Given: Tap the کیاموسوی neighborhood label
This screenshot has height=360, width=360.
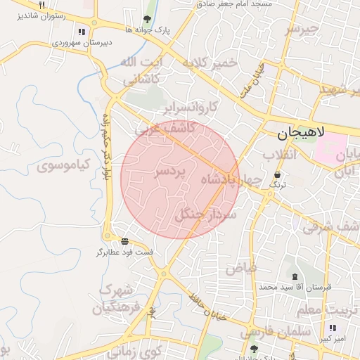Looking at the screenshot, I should click(64, 167).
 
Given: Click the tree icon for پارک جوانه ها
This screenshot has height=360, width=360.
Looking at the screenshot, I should click(146, 20).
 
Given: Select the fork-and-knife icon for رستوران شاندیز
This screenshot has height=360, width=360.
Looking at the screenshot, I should click(41, 5).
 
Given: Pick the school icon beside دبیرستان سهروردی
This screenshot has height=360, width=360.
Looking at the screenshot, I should click(82, 32).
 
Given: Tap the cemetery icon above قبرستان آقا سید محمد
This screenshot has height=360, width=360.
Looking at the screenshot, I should click(294, 276).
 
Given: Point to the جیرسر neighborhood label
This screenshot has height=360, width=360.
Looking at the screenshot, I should click(302, 29).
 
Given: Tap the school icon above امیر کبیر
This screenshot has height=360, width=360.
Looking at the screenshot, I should click(332, 328).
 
